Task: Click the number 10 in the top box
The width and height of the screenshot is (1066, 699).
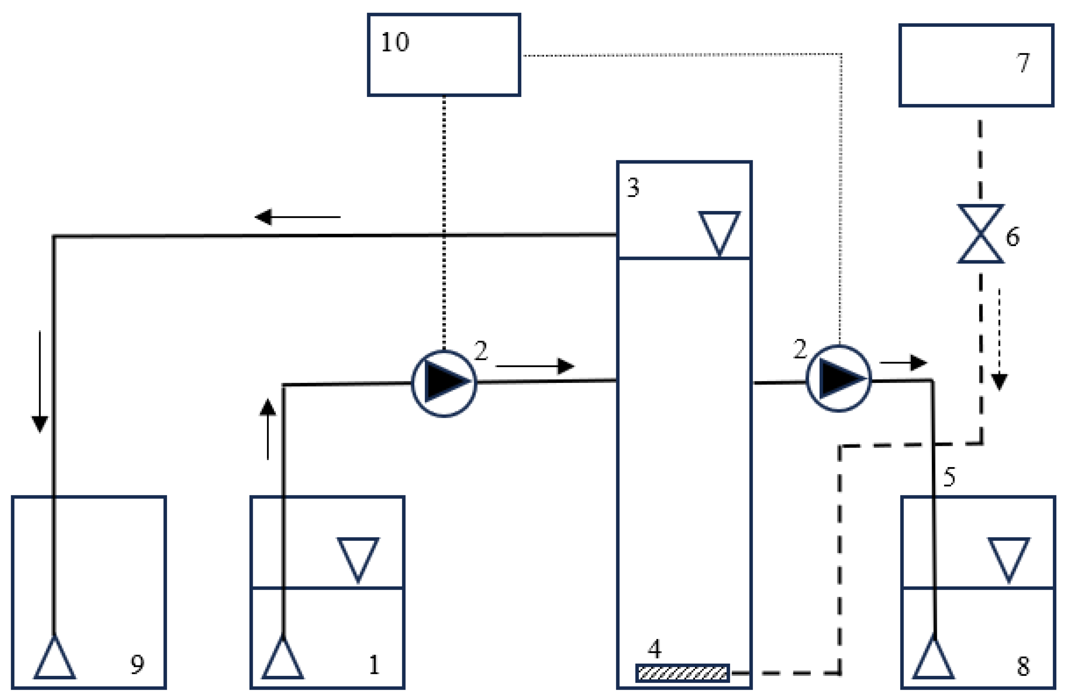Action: (x=394, y=42)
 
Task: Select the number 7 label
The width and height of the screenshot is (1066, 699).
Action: (x=1022, y=62)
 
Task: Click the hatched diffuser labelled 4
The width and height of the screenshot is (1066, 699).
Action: (x=682, y=673)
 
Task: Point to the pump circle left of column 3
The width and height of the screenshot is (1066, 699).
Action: (x=444, y=383)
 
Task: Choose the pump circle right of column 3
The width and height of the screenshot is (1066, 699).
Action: (x=839, y=378)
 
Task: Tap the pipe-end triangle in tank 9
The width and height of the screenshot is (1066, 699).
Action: (x=55, y=658)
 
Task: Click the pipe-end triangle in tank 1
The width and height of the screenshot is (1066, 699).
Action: (x=283, y=658)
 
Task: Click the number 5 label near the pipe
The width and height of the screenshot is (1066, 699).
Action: (x=949, y=476)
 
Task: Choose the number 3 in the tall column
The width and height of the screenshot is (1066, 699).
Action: (x=633, y=187)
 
